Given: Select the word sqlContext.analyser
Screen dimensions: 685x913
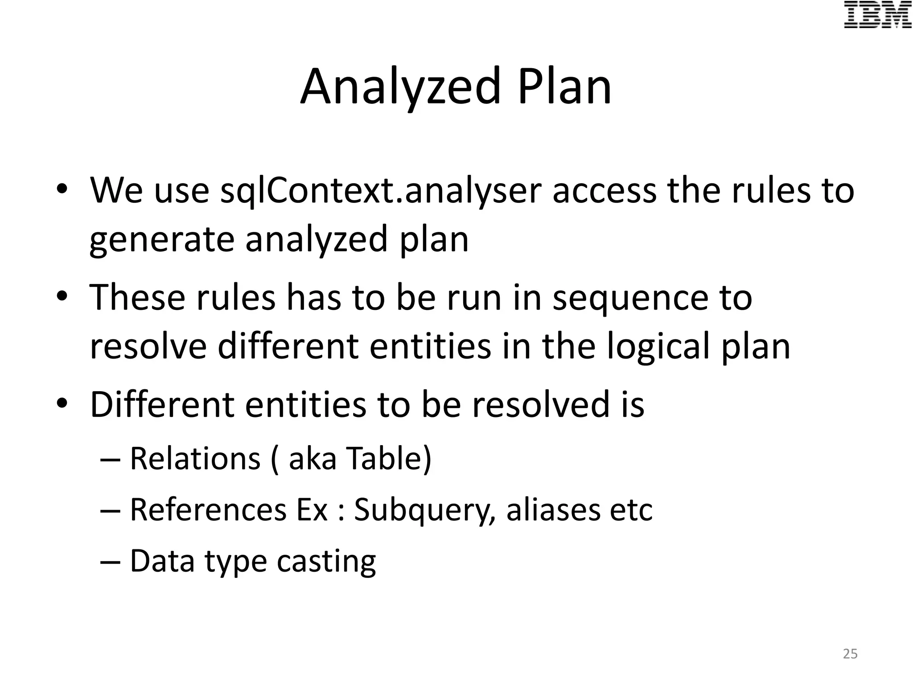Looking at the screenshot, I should [x=381, y=191].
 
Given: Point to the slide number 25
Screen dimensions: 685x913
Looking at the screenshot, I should [x=850, y=654].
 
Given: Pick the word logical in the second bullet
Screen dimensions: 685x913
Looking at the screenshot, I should [x=658, y=347].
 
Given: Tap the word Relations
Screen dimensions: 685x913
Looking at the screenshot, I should [x=195, y=458].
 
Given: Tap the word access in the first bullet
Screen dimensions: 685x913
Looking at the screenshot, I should [x=604, y=191].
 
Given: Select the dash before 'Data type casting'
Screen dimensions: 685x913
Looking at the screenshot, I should [x=111, y=561].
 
